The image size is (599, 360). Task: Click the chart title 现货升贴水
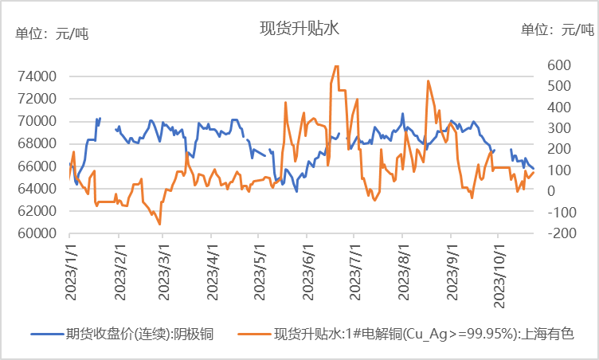(x=299, y=29)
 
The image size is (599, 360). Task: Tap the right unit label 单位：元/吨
(x=558, y=30)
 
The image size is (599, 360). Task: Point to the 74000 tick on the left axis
(x=36, y=76)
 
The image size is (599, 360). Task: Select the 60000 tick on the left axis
(x=36, y=233)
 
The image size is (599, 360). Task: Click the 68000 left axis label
(x=36, y=144)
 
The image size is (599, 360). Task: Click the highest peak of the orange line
(x=336, y=66)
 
